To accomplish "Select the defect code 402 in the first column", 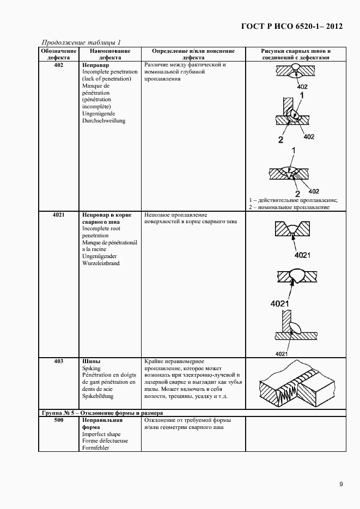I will click(59, 65).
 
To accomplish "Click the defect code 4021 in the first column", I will click(59, 214).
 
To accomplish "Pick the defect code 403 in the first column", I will click(59, 361).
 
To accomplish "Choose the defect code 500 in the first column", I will click(59, 420).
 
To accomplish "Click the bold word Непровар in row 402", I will click(95, 65).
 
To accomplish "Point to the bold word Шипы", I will click(91, 361).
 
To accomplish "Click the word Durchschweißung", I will click(103, 121).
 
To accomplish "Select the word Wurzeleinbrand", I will click(101, 263).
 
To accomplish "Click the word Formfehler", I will click(95, 447).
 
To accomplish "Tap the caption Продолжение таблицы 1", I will click(81, 42).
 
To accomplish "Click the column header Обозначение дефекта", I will click(59, 54).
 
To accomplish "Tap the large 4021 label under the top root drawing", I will click(302, 255).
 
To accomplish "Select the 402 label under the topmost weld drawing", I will click(302, 87).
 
